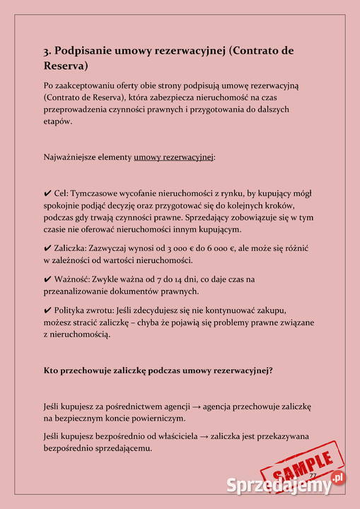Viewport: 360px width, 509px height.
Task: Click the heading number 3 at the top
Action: click(47, 51)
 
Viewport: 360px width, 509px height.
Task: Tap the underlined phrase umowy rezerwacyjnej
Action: click(173, 156)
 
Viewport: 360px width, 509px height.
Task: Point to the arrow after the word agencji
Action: click(196, 406)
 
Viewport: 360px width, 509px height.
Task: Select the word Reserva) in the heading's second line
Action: click(66, 66)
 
